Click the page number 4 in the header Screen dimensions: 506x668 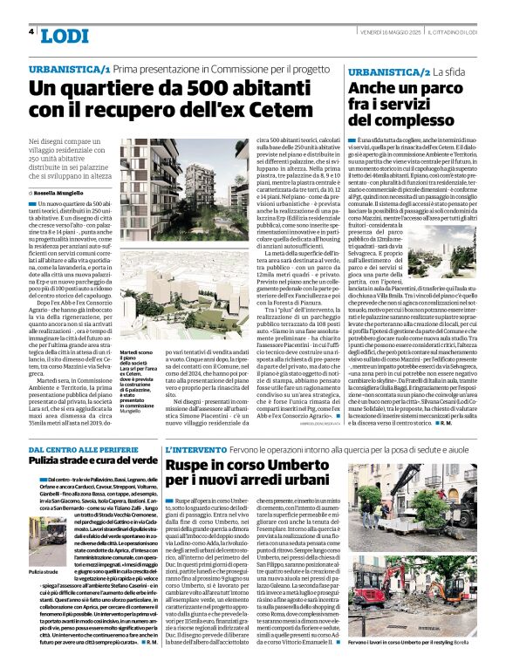[31, 31]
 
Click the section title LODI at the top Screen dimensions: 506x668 [64, 35]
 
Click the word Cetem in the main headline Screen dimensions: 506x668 [278, 112]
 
